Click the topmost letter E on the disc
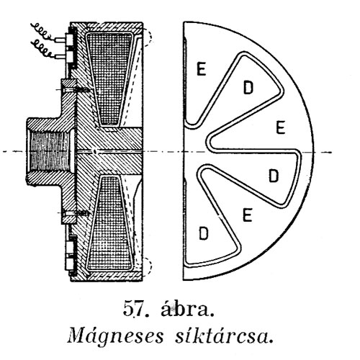(x=202, y=68)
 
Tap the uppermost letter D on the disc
(x=248, y=88)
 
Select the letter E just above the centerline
(x=280, y=127)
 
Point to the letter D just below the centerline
(x=274, y=176)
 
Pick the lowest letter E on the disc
(x=248, y=215)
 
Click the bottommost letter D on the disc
(x=204, y=233)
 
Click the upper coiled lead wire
(x=41, y=31)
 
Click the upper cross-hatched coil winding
(x=109, y=79)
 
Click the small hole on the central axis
(x=95, y=151)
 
